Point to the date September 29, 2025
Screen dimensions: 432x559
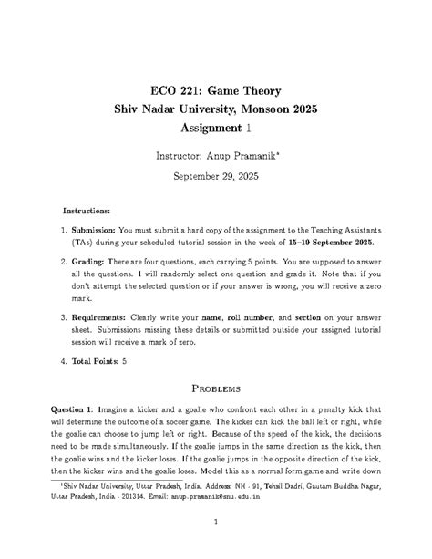click(216, 179)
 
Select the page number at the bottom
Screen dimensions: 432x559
click(216, 523)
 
